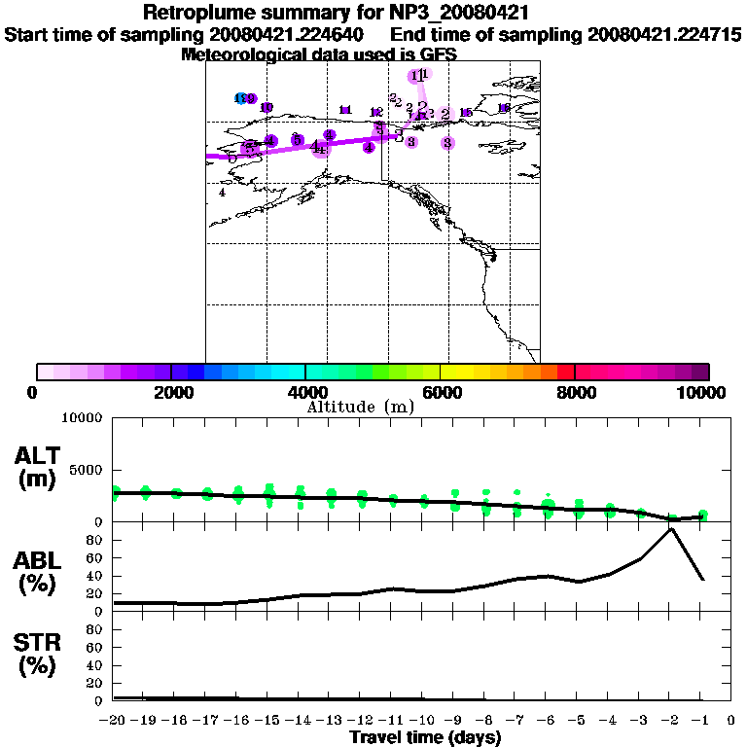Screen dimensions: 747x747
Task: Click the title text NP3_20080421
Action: [x=461, y=14]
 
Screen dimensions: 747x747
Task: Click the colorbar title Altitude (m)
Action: [x=360, y=407]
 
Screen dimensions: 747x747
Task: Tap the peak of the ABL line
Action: [x=670, y=528]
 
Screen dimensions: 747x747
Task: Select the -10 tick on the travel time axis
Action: [x=422, y=720]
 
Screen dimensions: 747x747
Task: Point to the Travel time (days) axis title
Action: [x=425, y=738]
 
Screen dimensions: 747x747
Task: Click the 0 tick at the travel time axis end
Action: [x=731, y=720]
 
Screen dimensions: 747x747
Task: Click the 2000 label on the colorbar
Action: [x=170, y=392]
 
